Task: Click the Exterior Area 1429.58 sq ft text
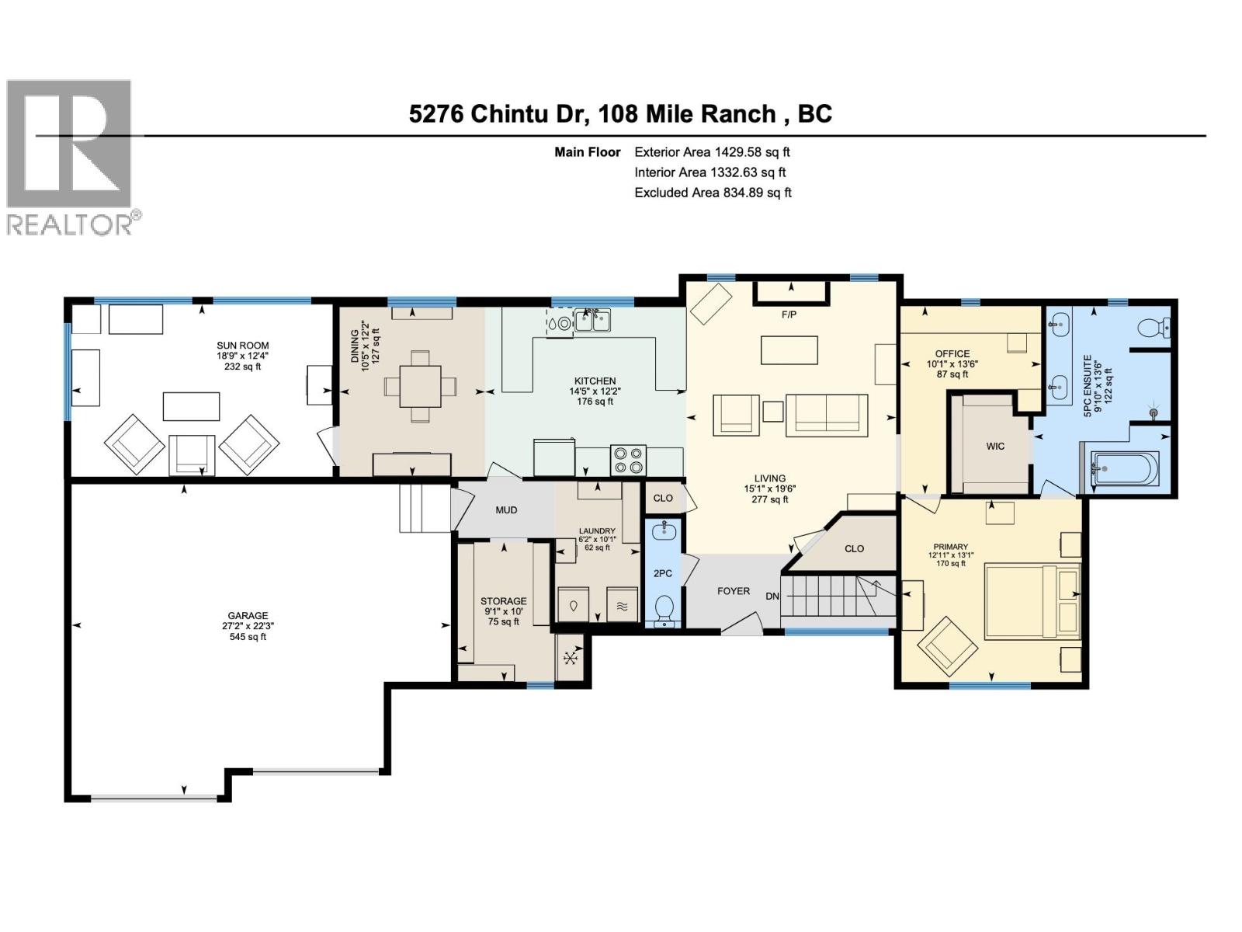coord(712,152)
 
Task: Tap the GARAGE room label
coord(248,616)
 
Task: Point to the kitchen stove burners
coord(629,459)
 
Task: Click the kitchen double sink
coord(592,320)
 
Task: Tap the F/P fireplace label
coord(789,315)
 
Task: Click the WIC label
coord(995,446)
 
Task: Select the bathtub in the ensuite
coord(1125,468)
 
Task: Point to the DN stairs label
coord(772,596)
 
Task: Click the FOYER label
coord(733,591)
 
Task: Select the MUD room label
coord(506,510)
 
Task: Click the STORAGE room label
coord(503,601)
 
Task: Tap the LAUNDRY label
coord(596,531)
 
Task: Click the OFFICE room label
coord(952,354)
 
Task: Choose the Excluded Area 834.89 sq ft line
coord(713,193)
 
